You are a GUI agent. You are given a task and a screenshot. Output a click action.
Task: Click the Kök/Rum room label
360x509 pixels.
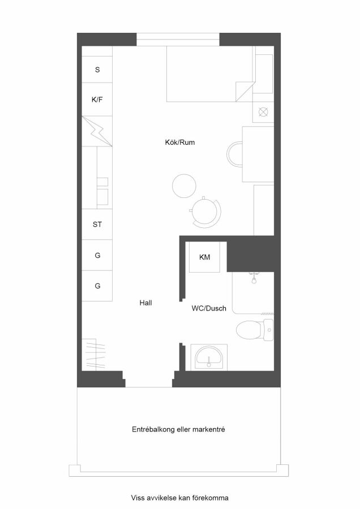(x=179, y=142)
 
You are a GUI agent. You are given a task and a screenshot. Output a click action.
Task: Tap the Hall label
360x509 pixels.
(x=145, y=303)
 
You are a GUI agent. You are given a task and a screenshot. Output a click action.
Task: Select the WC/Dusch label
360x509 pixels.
(x=209, y=308)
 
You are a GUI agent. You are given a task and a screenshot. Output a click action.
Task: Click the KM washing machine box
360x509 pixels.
(x=205, y=257)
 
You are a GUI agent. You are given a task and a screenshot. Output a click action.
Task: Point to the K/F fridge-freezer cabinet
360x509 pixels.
(x=97, y=100)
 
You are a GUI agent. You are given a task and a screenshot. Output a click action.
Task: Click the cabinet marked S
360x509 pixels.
(x=97, y=70)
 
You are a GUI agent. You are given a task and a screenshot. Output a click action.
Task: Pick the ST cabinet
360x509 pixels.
(x=97, y=224)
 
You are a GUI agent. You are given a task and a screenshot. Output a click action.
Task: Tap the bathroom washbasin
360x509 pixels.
(x=209, y=357)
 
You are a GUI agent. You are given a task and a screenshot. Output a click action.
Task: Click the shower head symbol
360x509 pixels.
(x=254, y=278)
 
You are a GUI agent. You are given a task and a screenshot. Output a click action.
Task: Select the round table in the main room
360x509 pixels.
(x=184, y=186)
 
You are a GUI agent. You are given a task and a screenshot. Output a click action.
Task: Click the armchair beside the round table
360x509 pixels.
(x=205, y=212)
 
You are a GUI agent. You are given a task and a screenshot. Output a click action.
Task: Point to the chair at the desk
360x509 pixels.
(x=234, y=154)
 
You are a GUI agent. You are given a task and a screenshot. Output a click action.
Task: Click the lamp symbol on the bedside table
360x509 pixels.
(x=263, y=112)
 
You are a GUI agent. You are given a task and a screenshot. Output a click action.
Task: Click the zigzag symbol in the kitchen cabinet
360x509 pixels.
(x=97, y=131)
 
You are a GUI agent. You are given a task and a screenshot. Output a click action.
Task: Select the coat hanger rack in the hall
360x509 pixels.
(x=93, y=355)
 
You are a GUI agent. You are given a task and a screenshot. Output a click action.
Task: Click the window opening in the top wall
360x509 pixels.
(x=178, y=39)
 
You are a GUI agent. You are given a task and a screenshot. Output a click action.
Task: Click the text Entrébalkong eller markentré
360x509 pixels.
(x=178, y=429)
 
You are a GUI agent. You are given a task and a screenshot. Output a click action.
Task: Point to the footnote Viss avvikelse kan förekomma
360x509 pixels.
(x=179, y=498)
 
